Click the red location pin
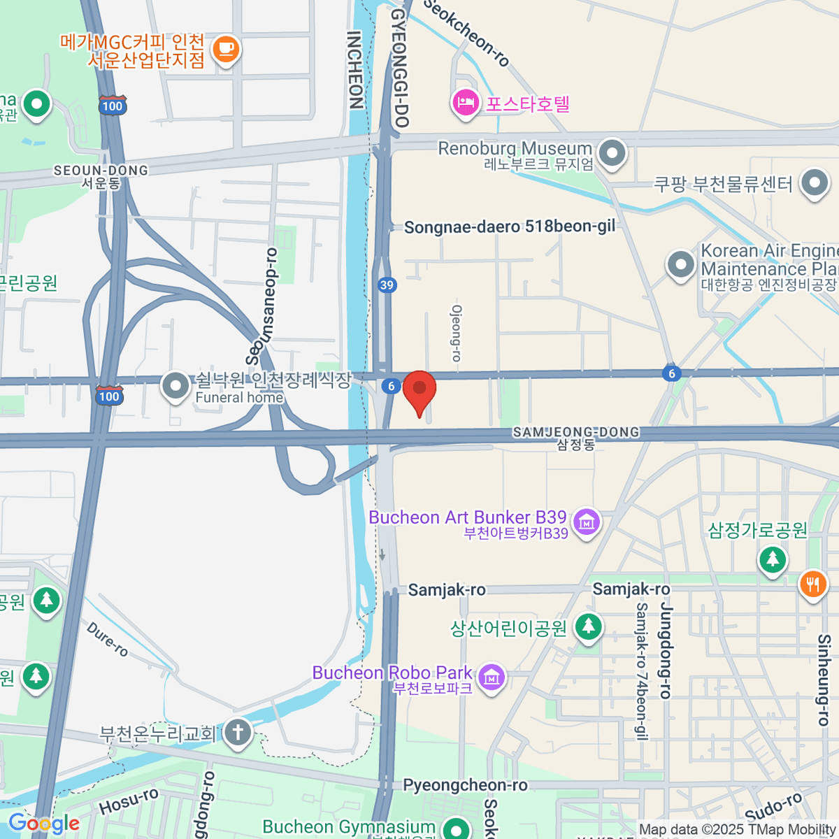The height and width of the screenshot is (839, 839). (x=419, y=390)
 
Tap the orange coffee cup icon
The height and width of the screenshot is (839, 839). (x=225, y=50)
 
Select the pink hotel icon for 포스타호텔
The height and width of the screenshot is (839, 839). (x=465, y=103)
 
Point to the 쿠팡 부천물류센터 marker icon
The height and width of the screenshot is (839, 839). (x=815, y=183)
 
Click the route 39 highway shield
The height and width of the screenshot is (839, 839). (x=387, y=285)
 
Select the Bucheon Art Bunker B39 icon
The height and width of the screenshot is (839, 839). (x=587, y=522)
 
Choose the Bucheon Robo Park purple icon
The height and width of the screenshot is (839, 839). (x=492, y=677)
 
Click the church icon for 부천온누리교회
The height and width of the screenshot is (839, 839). (x=238, y=733)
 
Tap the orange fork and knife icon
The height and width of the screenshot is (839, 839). (x=812, y=583)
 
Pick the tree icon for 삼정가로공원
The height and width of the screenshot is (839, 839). (x=773, y=559)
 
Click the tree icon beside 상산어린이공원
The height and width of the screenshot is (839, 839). (x=588, y=627)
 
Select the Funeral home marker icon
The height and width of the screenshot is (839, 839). (x=175, y=385)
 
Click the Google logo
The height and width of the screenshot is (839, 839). (x=43, y=823)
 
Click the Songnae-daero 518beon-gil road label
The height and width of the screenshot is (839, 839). (x=510, y=227)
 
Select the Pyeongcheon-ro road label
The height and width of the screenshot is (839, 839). (x=465, y=785)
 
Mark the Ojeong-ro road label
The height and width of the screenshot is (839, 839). (x=457, y=333)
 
